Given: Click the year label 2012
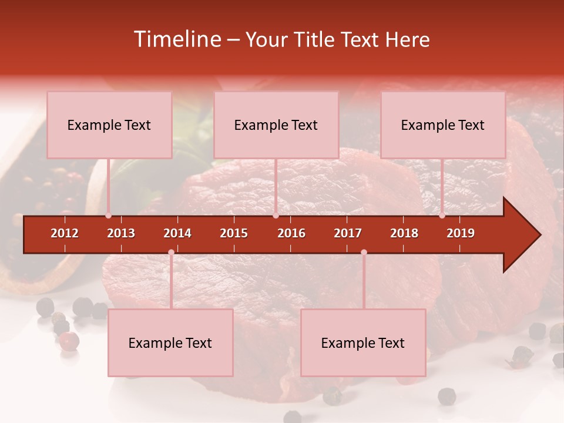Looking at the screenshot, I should (x=65, y=233).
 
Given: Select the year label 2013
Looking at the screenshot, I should (x=121, y=233).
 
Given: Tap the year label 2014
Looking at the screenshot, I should (x=177, y=233).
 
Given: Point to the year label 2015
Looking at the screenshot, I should (x=234, y=233).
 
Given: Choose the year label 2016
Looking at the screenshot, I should (x=291, y=233).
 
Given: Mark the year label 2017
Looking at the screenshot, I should (x=348, y=233).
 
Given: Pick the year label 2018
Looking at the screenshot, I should (x=404, y=233).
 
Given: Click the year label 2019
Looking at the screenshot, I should (x=461, y=233).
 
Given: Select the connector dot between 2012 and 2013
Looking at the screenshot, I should (x=109, y=216).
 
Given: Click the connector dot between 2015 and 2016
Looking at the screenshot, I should (x=276, y=216).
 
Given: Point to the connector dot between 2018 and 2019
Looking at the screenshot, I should (x=442, y=216).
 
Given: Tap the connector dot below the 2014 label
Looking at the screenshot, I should (x=171, y=253).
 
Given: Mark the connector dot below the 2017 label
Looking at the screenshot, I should (x=364, y=253).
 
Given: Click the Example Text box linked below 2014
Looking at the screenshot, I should (x=170, y=343).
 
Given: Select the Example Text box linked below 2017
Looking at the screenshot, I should (x=363, y=343).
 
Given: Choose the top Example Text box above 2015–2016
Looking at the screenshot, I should (x=276, y=125).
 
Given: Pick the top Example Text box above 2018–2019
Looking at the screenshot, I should (x=443, y=125).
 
